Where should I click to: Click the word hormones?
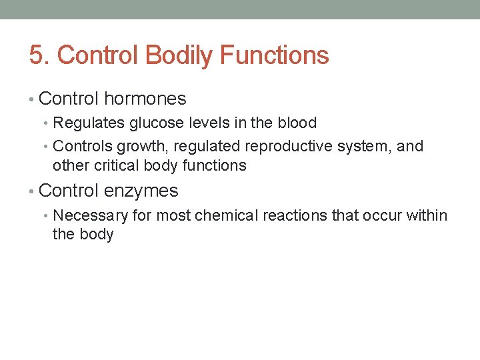click(145, 99)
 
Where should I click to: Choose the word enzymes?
click(141, 191)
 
